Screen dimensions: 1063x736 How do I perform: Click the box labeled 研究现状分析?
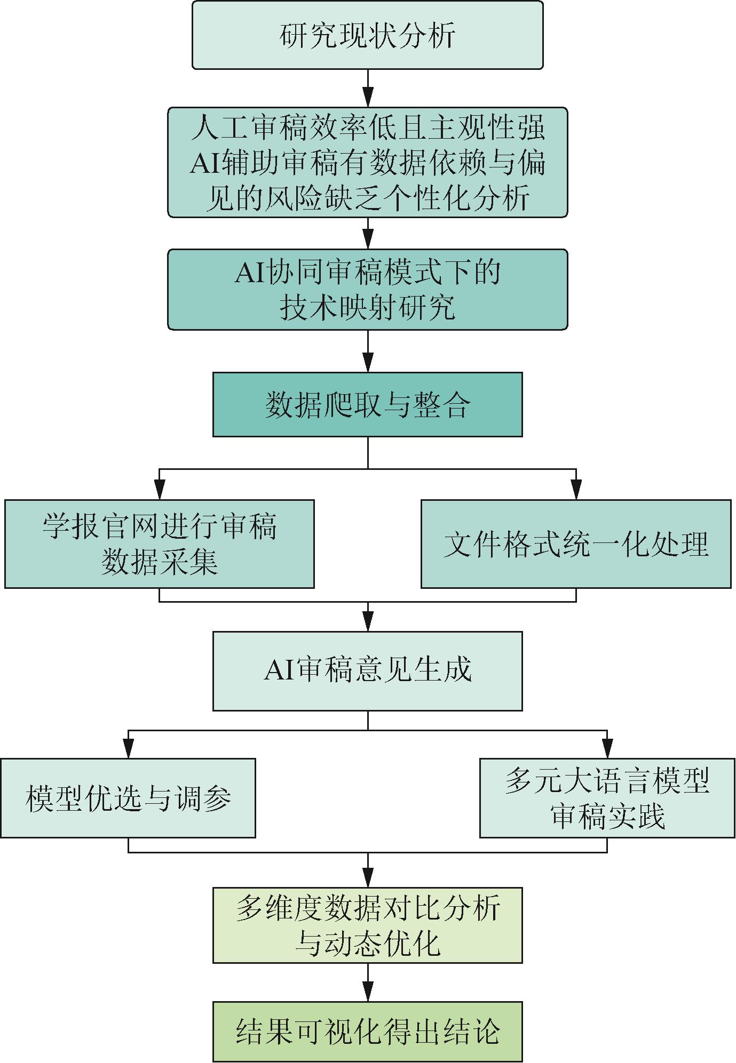click(367, 35)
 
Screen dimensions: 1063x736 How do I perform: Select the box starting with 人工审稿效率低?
click(367, 162)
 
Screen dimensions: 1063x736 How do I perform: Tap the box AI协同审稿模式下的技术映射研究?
click(367, 290)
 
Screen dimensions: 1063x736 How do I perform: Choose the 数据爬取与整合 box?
click(367, 404)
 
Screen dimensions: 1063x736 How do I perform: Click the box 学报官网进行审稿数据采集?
click(159, 544)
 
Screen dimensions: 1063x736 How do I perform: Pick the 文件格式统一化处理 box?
click(576, 544)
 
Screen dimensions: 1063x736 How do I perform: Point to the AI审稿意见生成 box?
click(367, 670)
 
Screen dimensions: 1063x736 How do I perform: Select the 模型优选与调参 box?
click(128, 798)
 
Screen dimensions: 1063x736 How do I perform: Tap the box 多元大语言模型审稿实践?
click(607, 798)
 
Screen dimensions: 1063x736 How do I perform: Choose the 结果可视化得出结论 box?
click(367, 1032)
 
